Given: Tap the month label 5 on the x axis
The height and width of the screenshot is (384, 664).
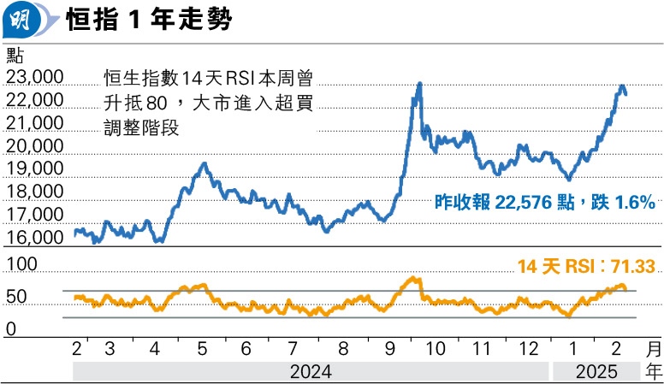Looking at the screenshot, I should [x=202, y=350].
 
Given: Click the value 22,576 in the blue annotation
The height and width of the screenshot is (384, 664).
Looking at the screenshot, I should [x=519, y=203].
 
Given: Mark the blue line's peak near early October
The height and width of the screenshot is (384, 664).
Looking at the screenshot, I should [x=419, y=84].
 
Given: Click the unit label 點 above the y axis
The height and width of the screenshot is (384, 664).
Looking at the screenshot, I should [x=15, y=56].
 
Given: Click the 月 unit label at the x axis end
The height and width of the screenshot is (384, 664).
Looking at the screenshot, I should [x=653, y=350].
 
